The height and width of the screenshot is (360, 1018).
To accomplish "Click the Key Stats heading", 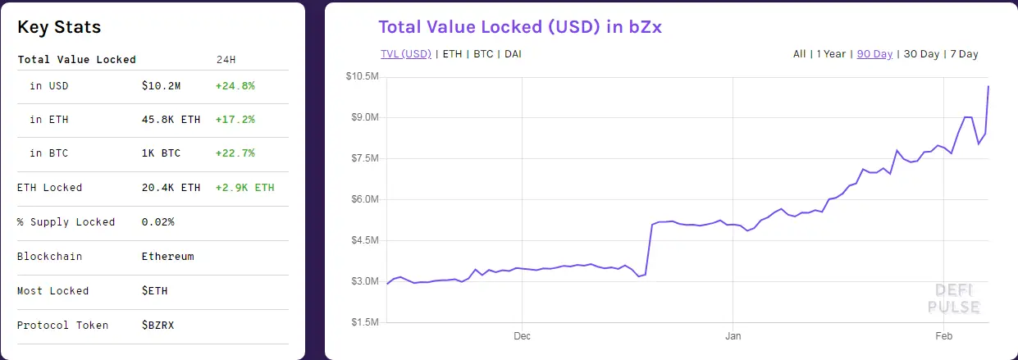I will (59, 27).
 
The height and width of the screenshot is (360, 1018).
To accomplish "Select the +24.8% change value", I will (235, 85).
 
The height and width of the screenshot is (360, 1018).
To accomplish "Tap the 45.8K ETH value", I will (171, 120).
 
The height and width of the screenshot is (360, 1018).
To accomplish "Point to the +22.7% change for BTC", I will (235, 153).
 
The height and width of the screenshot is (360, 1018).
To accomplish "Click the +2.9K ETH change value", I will (244, 188).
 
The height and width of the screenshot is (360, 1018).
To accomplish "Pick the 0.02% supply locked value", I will (157, 222).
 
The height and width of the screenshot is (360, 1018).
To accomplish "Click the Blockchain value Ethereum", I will (167, 257).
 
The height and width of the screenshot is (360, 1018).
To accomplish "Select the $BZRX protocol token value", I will (157, 326).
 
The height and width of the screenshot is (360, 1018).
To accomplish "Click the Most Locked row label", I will (52, 291).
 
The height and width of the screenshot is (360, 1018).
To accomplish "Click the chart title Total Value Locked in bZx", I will (519, 27).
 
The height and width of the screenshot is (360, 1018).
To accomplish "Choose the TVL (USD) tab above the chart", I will (405, 54).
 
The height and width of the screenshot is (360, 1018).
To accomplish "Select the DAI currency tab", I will (513, 54).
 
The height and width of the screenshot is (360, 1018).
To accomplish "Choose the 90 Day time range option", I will (874, 54).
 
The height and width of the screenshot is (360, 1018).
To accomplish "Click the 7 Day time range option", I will (964, 54).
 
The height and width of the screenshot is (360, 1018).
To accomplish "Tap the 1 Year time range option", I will (831, 54).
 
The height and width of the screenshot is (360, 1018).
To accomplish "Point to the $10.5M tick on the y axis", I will (361, 76).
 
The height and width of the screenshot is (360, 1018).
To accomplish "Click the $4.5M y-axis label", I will (363, 240).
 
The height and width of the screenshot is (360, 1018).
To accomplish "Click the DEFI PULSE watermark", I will (953, 298).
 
